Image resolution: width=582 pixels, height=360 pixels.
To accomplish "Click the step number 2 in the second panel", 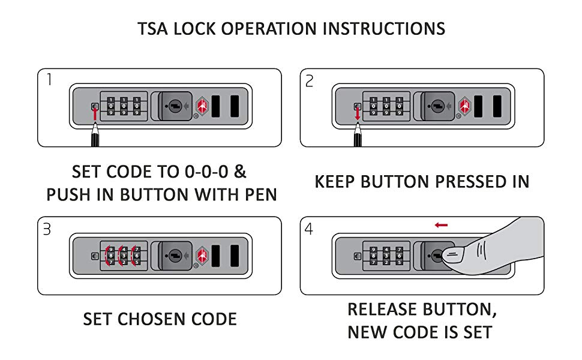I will point(310,80).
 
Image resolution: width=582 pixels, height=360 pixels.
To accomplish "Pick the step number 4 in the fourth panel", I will point(310,229).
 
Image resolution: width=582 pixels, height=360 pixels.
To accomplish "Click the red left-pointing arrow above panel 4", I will point(441,225).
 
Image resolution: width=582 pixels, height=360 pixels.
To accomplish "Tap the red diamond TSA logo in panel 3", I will point(202,255).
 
